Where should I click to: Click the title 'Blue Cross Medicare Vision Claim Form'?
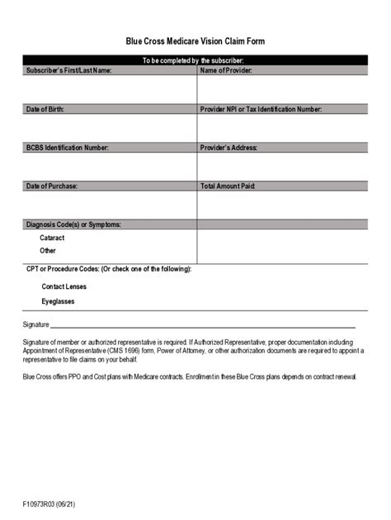pos(195,40)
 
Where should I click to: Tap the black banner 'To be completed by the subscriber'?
pos(195,60)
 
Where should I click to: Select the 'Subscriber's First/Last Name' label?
pos(68,70)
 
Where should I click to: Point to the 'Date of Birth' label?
pos(45,109)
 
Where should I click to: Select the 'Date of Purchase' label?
pos(52,187)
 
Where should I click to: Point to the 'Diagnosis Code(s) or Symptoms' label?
pos(74,225)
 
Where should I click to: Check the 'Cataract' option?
pos(52,238)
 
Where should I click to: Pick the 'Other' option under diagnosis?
pos(48,250)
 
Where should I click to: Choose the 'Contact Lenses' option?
pos(64,286)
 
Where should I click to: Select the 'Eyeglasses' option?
pos(59,302)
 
